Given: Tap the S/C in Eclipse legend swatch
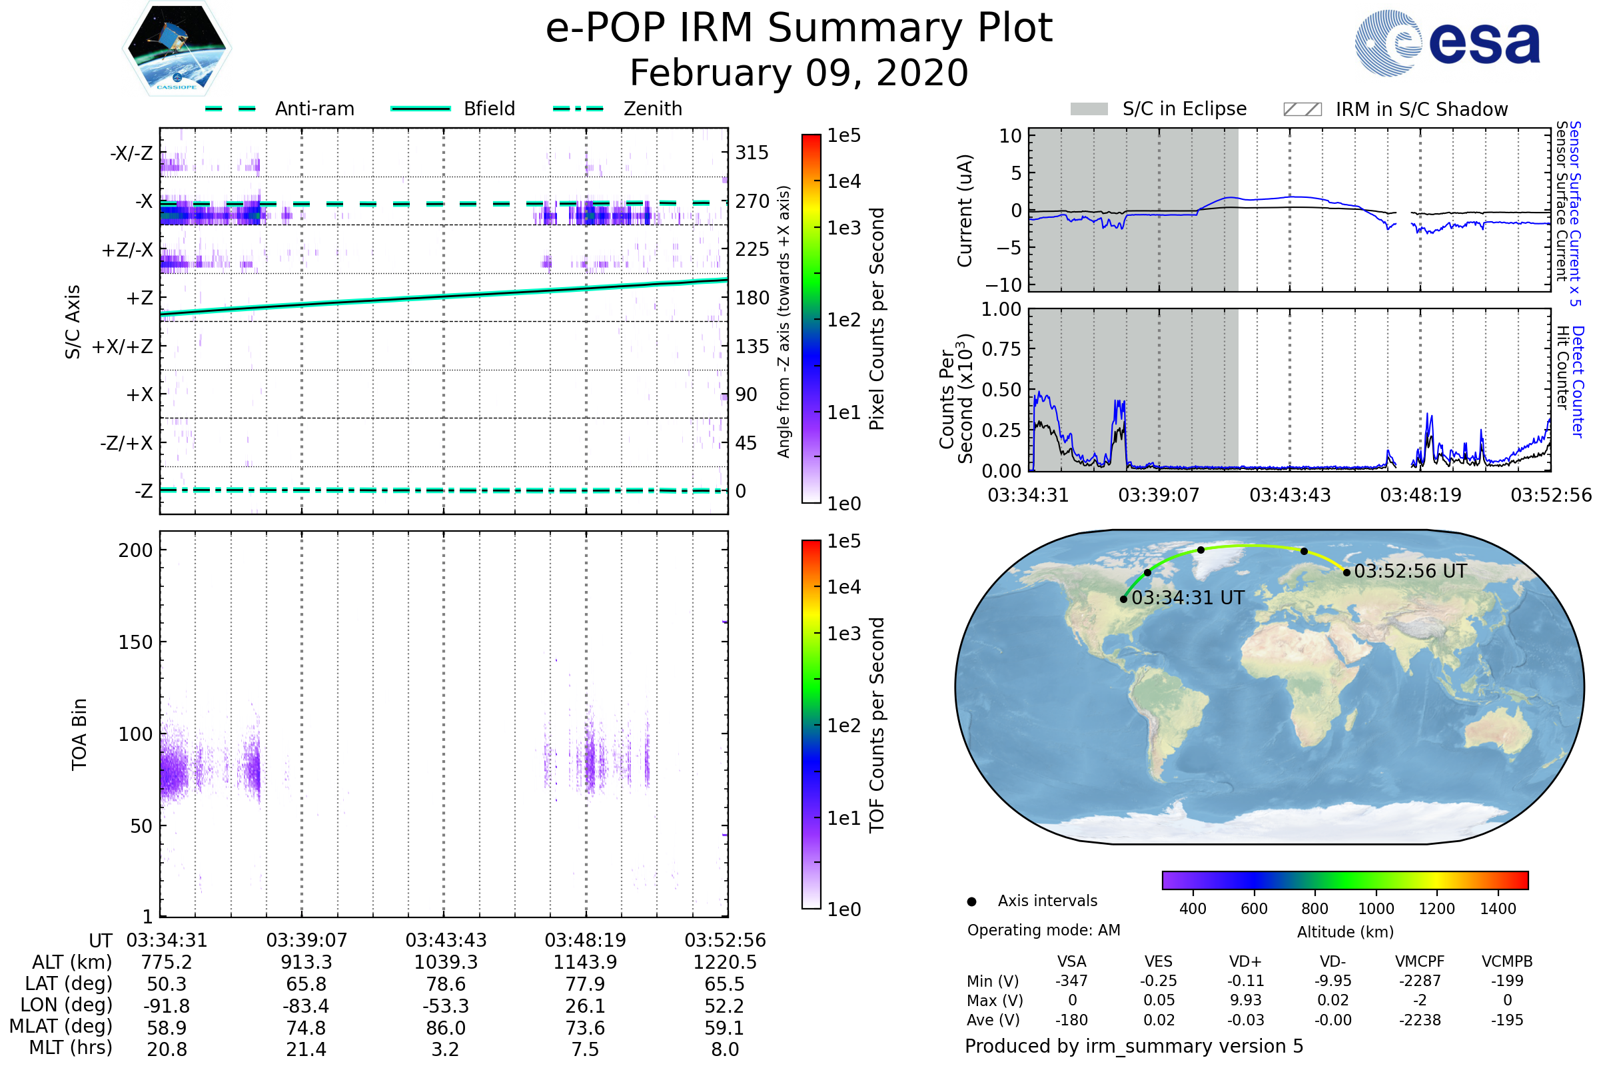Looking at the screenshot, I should click(x=1089, y=109).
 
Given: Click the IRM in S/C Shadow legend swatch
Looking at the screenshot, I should click(x=1302, y=109).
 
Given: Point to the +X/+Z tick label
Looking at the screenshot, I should click(x=123, y=346).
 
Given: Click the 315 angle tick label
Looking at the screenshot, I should click(x=752, y=153).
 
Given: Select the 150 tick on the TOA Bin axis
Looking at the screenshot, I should click(x=135, y=642).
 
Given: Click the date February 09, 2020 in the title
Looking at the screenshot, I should click(x=799, y=73).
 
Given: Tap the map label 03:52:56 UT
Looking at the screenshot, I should click(x=1410, y=571).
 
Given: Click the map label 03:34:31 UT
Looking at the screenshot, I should click(x=1188, y=598).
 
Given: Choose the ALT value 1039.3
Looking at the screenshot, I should click(x=446, y=962).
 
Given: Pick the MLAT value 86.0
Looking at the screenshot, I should click(x=446, y=1027).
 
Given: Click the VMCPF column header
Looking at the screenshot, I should click(x=1420, y=961).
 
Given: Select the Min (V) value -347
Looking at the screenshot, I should click(x=1071, y=981).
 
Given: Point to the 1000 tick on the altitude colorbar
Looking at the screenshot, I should click(x=1375, y=909).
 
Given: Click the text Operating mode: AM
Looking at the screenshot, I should click(x=1043, y=930).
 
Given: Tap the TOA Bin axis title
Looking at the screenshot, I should click(x=79, y=734).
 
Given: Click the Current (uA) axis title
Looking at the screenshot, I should click(x=965, y=211).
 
